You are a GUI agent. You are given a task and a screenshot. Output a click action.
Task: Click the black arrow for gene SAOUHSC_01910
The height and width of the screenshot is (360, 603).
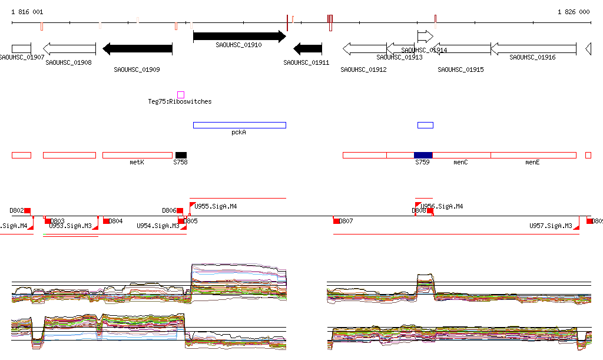(239, 36)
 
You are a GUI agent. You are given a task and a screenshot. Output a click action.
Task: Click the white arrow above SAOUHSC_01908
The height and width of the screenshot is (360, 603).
(69, 48)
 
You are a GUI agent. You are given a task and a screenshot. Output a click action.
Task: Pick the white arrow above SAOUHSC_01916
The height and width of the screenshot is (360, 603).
(533, 48)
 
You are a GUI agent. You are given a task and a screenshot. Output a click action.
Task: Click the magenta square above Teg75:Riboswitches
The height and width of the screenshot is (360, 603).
(181, 94)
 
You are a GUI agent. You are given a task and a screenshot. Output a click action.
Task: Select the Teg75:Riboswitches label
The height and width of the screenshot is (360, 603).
(180, 101)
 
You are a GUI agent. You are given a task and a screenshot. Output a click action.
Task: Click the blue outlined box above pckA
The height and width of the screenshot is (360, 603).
(239, 125)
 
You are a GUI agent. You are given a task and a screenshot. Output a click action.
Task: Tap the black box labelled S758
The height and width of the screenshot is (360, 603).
(181, 154)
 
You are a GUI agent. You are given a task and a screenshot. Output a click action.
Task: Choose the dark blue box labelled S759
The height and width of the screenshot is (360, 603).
(423, 154)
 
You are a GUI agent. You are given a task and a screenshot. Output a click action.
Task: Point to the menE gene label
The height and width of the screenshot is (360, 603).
(532, 161)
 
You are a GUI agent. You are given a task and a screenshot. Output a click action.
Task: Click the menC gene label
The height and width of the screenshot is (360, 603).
(460, 161)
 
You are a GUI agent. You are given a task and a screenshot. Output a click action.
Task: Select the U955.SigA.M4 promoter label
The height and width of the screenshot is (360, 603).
(216, 206)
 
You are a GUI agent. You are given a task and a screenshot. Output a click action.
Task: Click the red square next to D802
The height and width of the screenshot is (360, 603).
(27, 210)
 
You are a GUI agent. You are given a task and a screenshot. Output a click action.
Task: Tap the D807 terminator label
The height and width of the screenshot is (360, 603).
(346, 221)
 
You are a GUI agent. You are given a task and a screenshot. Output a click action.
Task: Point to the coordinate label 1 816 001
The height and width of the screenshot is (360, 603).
(27, 12)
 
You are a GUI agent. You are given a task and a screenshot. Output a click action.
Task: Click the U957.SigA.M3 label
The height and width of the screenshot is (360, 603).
(551, 226)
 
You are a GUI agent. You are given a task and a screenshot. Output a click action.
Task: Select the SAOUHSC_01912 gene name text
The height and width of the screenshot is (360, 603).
(363, 70)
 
